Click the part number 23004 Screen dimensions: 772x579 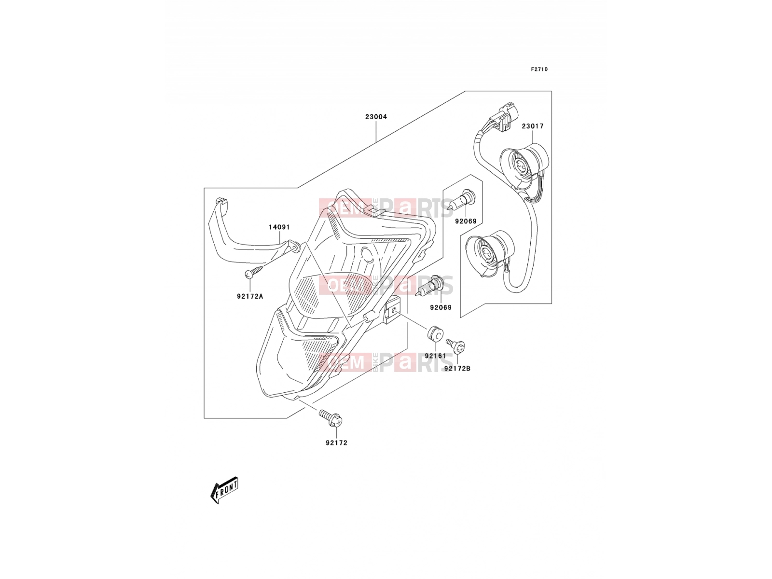point(375,117)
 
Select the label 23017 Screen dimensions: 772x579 point(533,126)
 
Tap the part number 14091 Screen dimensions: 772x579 point(279,227)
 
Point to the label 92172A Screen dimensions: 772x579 point(250,296)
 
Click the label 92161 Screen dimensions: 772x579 point(435,356)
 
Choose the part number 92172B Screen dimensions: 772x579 point(457,369)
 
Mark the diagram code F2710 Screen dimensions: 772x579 point(539,69)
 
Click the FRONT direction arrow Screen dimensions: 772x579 point(224,490)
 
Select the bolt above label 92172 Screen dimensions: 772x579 point(331,418)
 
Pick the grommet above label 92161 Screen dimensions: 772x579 point(435,333)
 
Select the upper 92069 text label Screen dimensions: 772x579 point(466,221)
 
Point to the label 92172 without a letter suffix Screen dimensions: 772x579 point(337,443)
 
